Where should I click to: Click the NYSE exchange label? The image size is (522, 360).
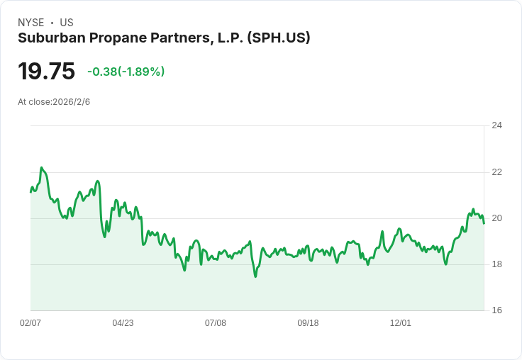click(x=31, y=23)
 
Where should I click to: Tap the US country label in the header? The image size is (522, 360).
click(x=67, y=23)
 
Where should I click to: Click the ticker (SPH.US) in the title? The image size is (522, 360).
click(x=278, y=38)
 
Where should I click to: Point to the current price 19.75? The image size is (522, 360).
click(x=46, y=72)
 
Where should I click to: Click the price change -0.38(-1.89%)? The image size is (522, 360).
click(x=126, y=72)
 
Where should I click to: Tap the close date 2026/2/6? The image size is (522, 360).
click(x=71, y=102)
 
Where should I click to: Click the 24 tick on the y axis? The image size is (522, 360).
click(x=496, y=126)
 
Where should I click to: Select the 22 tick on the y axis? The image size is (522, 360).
click(x=496, y=172)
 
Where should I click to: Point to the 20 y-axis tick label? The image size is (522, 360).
click(x=496, y=218)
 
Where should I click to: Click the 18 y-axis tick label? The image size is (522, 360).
click(x=496, y=264)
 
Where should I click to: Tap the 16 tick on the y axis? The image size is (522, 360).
click(x=496, y=310)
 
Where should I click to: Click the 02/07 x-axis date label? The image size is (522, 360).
click(x=30, y=323)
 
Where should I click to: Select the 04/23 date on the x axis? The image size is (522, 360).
click(x=123, y=323)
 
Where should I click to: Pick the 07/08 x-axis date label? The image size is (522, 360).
click(x=216, y=323)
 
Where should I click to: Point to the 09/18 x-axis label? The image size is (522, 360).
click(x=308, y=323)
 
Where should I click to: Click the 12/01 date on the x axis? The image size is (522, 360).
click(x=401, y=323)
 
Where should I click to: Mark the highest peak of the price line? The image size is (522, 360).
click(x=42, y=168)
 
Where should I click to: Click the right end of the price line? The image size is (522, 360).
click(x=484, y=223)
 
